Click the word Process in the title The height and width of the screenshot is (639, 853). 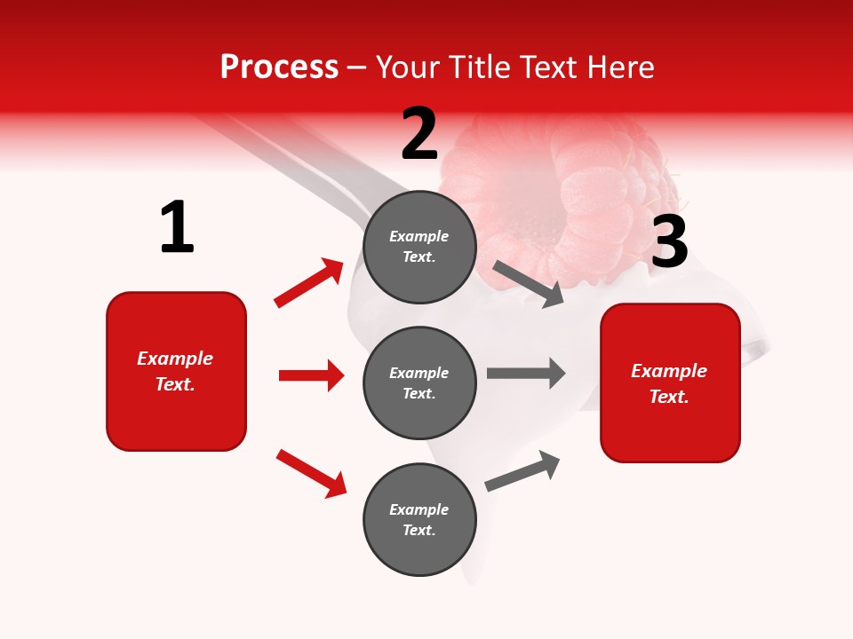279,67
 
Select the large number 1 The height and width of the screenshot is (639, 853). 177,228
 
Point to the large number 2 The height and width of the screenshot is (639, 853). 419,134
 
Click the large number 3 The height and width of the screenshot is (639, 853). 669,242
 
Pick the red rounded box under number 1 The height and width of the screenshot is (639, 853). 176,371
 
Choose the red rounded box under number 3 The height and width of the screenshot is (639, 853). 670,383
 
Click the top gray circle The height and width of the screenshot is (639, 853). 419,247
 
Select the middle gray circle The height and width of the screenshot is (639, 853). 419,383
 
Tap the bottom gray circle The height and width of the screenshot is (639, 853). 419,519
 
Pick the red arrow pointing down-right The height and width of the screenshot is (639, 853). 312,473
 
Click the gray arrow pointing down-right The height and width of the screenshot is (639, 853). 529,283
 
